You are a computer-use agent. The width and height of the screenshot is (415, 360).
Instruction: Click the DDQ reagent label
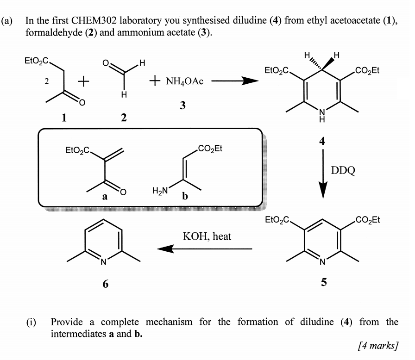click(343, 170)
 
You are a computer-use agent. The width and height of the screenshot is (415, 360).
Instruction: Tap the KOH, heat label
click(207, 236)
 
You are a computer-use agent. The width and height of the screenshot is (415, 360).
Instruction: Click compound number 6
click(106, 284)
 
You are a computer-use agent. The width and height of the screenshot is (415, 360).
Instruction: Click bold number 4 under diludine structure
click(322, 143)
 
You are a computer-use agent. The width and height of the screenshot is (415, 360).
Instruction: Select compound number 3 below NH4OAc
click(182, 106)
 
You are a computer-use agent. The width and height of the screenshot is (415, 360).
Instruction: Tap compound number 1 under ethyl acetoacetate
click(64, 118)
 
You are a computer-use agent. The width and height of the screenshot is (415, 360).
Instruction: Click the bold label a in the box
click(105, 196)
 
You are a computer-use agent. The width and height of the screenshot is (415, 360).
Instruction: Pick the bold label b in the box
click(185, 196)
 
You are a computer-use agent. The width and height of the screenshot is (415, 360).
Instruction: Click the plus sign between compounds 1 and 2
click(83, 82)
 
